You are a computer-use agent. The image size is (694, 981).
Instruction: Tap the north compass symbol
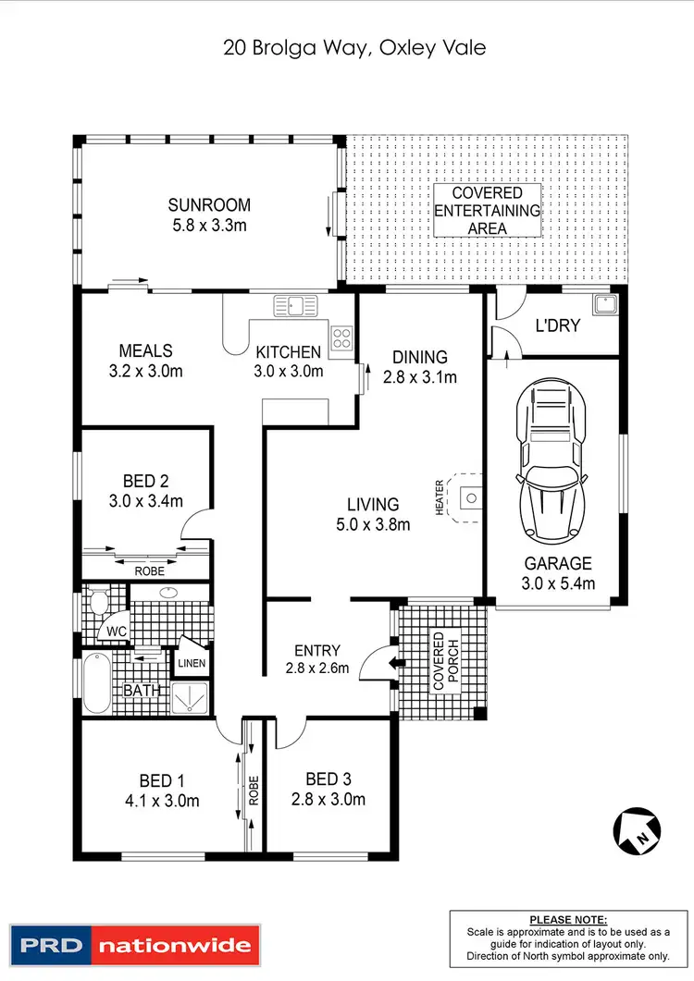click(636, 829)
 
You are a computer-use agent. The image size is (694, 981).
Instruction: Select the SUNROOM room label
click(209, 205)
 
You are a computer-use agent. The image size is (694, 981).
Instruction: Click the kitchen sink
click(295, 305)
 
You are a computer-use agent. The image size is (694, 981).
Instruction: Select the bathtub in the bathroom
click(95, 683)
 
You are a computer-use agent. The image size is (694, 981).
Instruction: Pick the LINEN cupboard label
click(192, 664)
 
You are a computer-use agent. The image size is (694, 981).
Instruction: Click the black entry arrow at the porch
click(397, 662)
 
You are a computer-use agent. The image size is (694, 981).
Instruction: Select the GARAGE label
click(558, 563)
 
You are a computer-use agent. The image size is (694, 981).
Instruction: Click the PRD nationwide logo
click(133, 945)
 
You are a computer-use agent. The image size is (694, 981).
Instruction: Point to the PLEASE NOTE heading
click(568, 920)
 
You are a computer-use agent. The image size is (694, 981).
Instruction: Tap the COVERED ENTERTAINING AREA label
click(487, 210)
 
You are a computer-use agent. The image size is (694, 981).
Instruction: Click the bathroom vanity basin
click(169, 592)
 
